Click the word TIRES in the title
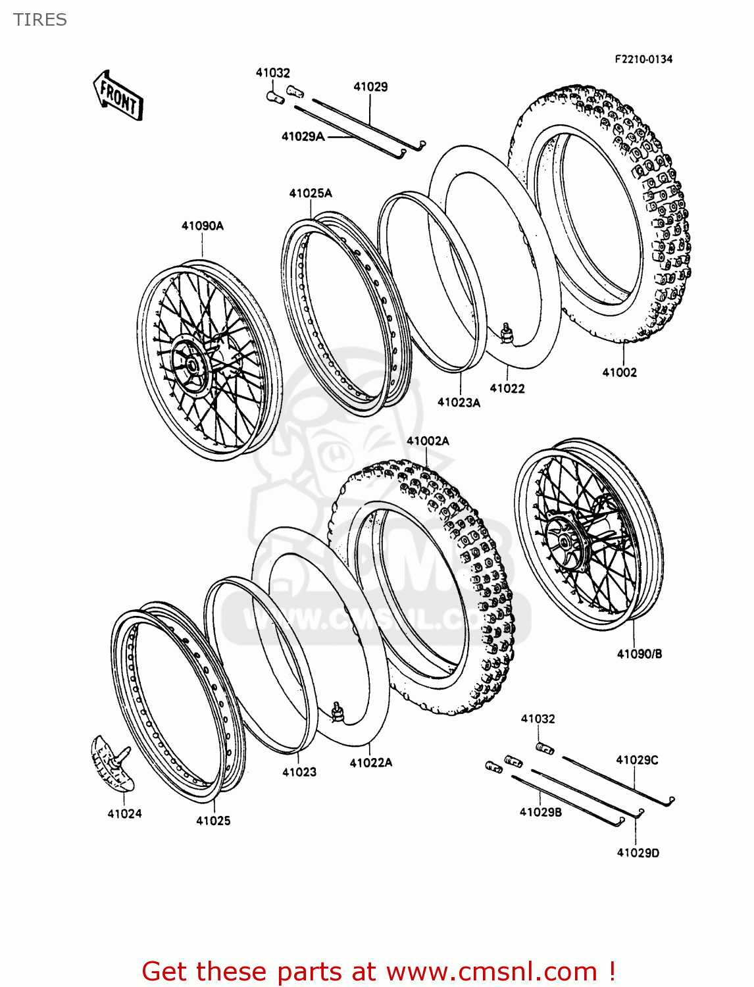click(x=40, y=20)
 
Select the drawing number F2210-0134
click(x=643, y=59)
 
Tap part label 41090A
click(x=203, y=226)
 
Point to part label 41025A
click(x=311, y=193)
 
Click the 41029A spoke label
click(x=303, y=136)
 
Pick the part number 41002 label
click(x=620, y=372)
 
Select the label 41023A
click(x=459, y=402)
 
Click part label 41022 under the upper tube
click(x=507, y=388)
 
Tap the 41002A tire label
click(x=428, y=441)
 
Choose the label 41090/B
click(x=640, y=653)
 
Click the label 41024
click(x=124, y=813)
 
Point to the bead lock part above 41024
click(x=111, y=762)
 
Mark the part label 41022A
click(x=371, y=762)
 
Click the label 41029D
click(x=638, y=853)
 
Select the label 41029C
click(x=637, y=760)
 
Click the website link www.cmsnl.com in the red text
click(x=491, y=971)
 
